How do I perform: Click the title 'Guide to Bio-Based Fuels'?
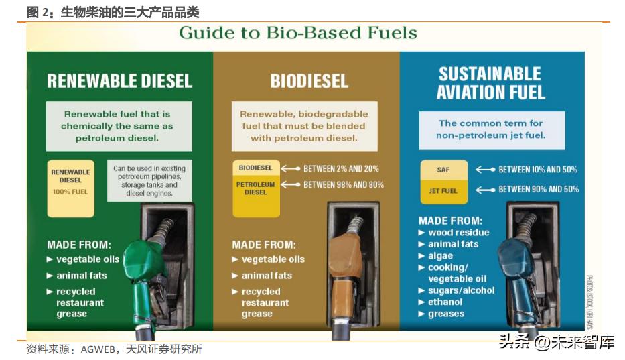pos(297,33)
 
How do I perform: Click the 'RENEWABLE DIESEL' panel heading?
pos(119,81)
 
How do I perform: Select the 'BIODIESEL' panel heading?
pos(309,81)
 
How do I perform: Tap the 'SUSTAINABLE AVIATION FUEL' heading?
pos(490,83)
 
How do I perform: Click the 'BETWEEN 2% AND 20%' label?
pos(341,168)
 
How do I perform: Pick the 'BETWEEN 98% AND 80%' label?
pos(343,184)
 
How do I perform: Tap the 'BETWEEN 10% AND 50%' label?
pos(537,170)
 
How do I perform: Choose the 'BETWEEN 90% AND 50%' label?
pos(538,190)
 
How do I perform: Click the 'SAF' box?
pos(443,170)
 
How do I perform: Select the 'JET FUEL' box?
pos(443,191)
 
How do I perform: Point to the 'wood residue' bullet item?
pos(458,233)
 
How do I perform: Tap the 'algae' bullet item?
pos(440,255)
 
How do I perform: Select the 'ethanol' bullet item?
pos(445,302)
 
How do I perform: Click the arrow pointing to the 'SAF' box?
pos(485,170)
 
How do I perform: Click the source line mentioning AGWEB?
pos(114,349)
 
